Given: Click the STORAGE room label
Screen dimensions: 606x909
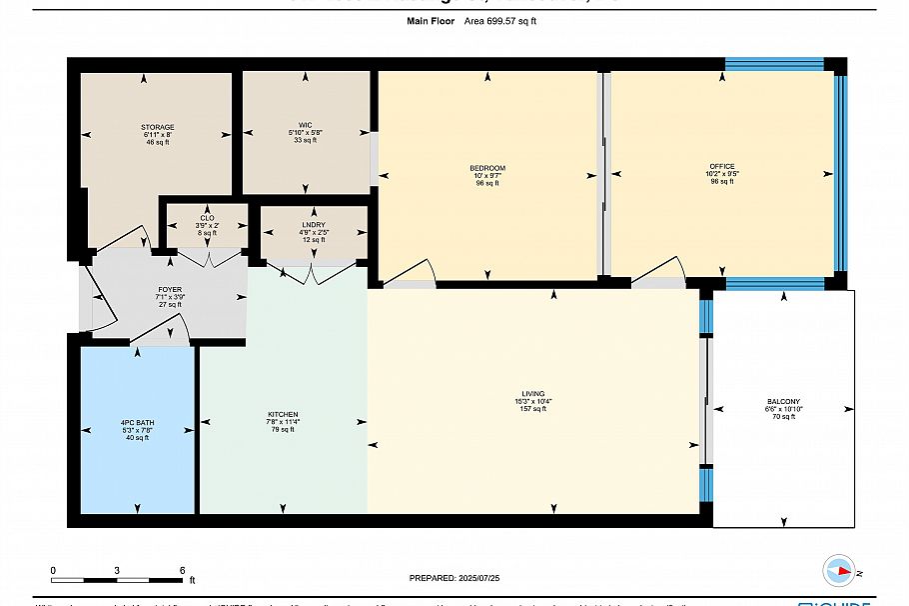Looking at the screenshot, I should [157, 127].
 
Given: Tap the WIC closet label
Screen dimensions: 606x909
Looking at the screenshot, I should [304, 124].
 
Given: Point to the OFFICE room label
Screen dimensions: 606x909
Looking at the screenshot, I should [721, 167].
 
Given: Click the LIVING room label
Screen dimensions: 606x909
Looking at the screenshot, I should [532, 394].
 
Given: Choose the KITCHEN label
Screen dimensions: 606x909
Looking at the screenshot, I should [283, 414].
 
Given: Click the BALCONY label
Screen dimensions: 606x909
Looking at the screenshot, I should [782, 402].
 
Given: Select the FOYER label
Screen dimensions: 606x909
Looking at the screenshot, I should [169, 289].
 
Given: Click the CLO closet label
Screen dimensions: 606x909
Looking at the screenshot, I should [207, 218].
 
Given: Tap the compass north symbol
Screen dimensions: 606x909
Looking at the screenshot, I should [840, 572].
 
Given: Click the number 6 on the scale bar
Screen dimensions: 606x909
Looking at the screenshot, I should [182, 569].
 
